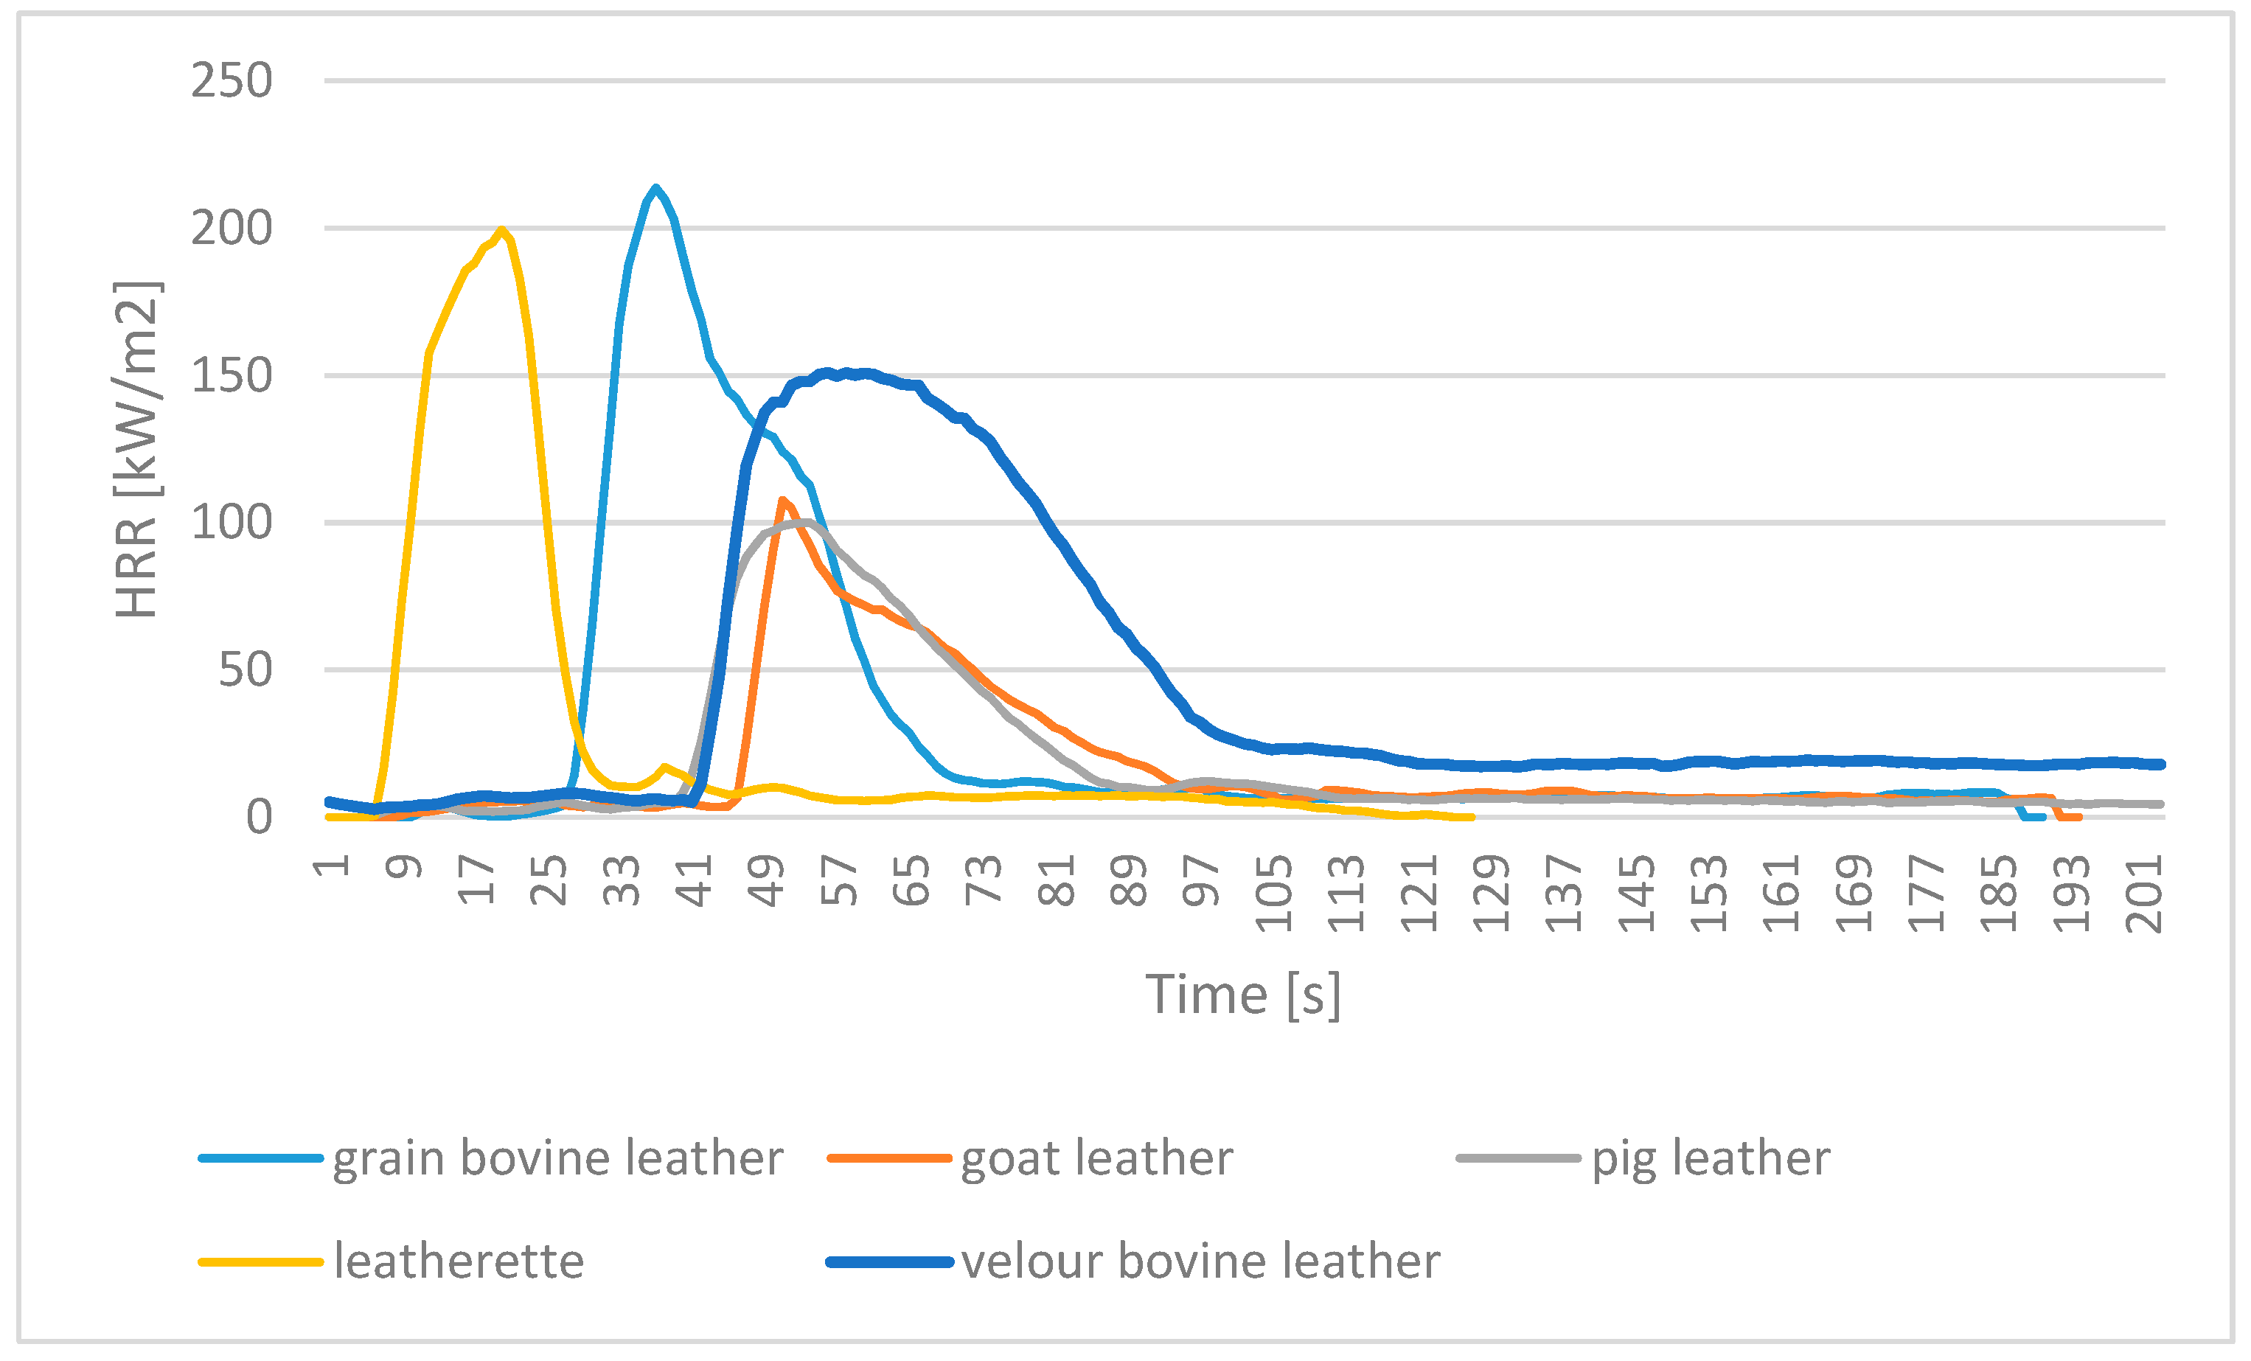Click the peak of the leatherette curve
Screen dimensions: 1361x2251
pyautogui.click(x=501, y=229)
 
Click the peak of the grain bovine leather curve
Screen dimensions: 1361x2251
pyautogui.click(x=655, y=188)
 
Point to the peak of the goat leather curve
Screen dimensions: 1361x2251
pyautogui.click(x=782, y=500)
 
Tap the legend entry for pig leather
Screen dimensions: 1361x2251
pyautogui.click(x=1710, y=1158)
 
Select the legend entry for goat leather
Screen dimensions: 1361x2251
pyautogui.click(x=1096, y=1158)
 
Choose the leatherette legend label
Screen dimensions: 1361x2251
pyautogui.click(x=459, y=1261)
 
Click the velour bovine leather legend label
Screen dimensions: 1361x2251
pyautogui.click(x=1200, y=1261)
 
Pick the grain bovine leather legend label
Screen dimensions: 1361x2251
pyautogui.click(x=557, y=1158)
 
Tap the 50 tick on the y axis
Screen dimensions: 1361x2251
pyautogui.click(x=245, y=669)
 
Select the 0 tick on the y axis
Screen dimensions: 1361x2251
pyautogui.click(x=260, y=817)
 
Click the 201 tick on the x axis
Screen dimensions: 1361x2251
pyautogui.click(x=2144, y=894)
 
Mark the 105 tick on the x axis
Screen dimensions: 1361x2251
pyautogui.click(x=1274, y=894)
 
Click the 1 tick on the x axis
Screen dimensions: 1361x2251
pyautogui.click(x=332, y=866)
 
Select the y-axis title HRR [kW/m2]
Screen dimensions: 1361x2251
pyautogui.click(x=137, y=450)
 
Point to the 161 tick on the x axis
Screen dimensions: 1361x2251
pyautogui.click(x=1781, y=894)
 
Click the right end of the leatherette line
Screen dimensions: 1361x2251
pyautogui.click(x=1472, y=817)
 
